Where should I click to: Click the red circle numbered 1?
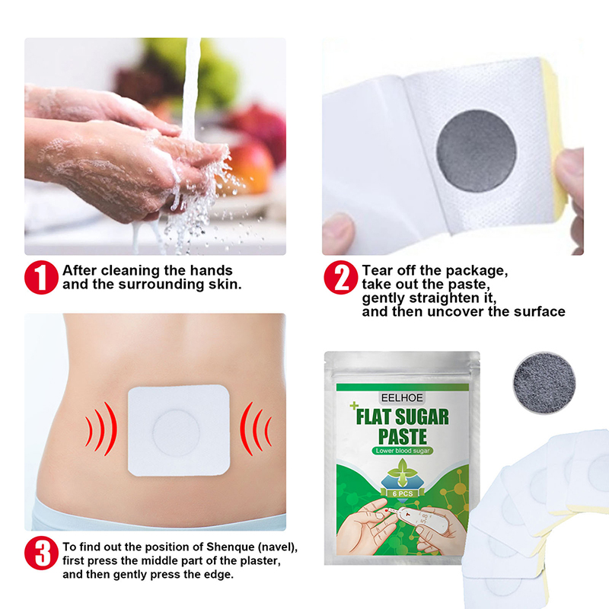(42, 277)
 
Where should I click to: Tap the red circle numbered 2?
(340, 277)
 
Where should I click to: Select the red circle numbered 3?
(42, 553)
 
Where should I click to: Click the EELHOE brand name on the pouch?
(402, 397)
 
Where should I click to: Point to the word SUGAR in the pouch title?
(422, 417)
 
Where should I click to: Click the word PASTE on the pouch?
(403, 436)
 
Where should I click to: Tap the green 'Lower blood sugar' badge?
(403, 451)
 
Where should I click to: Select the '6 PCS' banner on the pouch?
(403, 493)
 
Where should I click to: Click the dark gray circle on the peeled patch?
(477, 151)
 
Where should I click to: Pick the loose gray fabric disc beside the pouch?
(544, 384)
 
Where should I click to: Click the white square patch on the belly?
(179, 430)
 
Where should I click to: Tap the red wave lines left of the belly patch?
(101, 429)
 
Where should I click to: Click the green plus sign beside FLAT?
(354, 406)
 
